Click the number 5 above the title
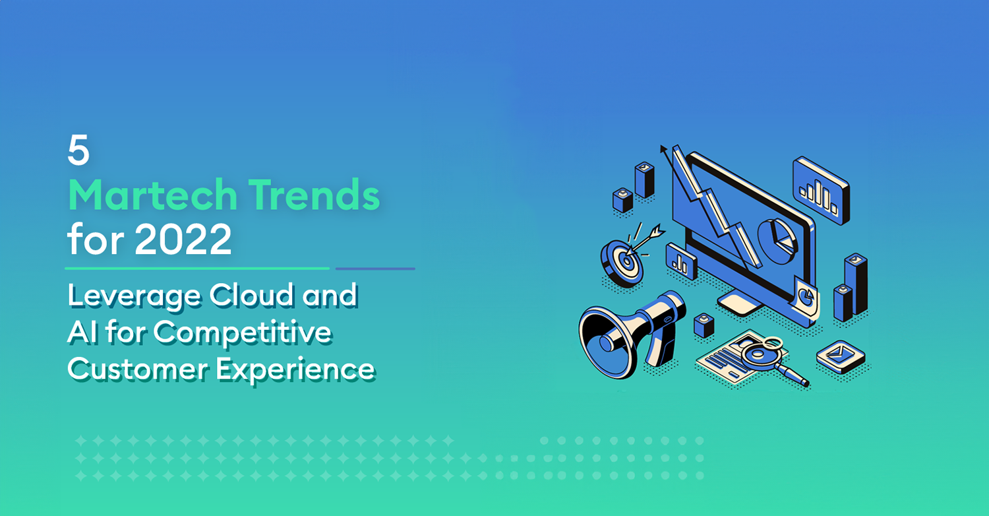pyautogui.click(x=78, y=150)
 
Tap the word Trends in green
pyautogui.click(x=314, y=195)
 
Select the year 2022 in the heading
pyautogui.click(x=183, y=239)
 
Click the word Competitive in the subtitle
pyautogui.click(x=243, y=333)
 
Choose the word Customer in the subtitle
pyautogui.click(x=137, y=369)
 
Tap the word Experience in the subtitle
pyautogui.click(x=295, y=370)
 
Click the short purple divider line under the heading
pyautogui.click(x=375, y=269)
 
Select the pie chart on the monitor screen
pyautogui.click(x=777, y=242)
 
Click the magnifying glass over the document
pyautogui.click(x=771, y=358)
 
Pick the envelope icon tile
pyautogui.click(x=840, y=356)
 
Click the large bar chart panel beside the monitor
pyautogui.click(x=822, y=191)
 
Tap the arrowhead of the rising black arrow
pyautogui.click(x=663, y=149)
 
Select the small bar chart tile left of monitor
pyautogui.click(x=682, y=261)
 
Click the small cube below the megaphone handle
pyautogui.click(x=704, y=325)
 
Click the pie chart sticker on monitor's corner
pyautogui.click(x=807, y=297)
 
